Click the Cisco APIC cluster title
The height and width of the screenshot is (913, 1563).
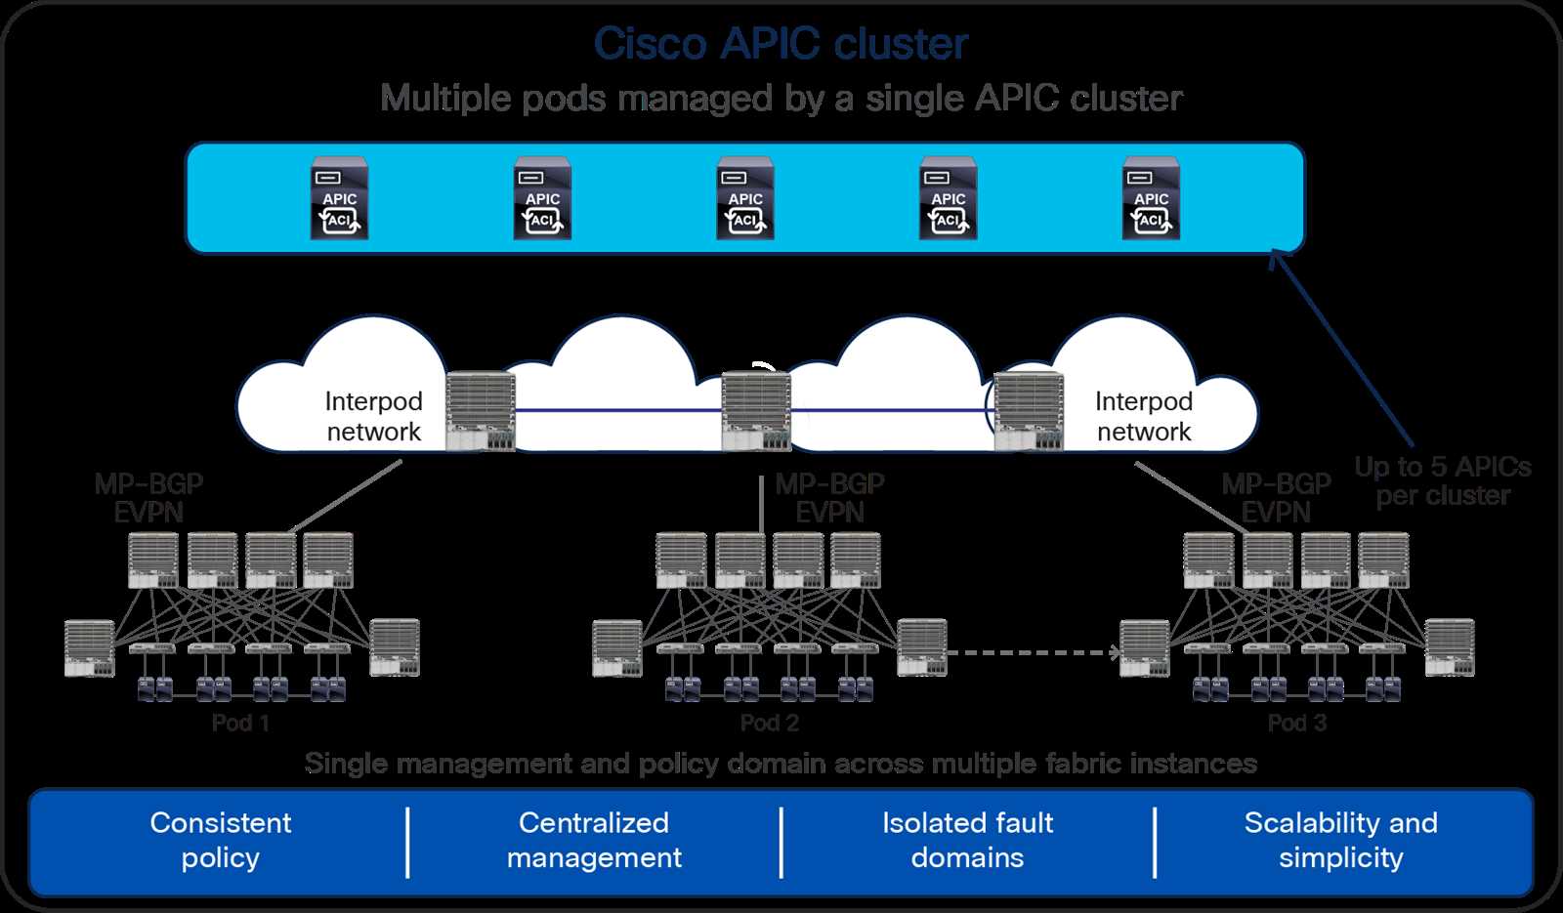[x=781, y=45]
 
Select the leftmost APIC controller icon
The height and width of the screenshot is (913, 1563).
[x=339, y=198]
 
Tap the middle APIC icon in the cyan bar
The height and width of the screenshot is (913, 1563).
[x=745, y=198]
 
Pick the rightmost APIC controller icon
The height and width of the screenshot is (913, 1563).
[x=1151, y=198]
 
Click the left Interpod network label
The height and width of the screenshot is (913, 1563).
[x=373, y=417]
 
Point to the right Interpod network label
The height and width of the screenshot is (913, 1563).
[x=1143, y=417]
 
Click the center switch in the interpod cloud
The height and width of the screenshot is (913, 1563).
[x=755, y=411]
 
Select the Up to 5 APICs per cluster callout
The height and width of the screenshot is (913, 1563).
[x=1442, y=481]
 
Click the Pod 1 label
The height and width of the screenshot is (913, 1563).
[x=240, y=724]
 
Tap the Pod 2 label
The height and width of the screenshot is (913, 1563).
[x=769, y=724]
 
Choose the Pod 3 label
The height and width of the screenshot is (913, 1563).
[x=1296, y=724]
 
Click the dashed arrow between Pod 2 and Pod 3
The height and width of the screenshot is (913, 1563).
[x=1034, y=652]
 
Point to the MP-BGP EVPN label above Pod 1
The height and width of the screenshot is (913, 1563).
[x=148, y=498]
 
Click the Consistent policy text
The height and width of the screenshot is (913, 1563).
[x=221, y=840]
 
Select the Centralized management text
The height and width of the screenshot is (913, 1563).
[x=594, y=840]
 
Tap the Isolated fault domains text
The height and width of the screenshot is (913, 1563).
[x=967, y=840]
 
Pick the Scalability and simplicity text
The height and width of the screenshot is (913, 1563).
[x=1340, y=840]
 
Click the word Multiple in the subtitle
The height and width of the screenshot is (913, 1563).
[x=444, y=99]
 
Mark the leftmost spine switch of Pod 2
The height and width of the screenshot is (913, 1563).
[x=681, y=560]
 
